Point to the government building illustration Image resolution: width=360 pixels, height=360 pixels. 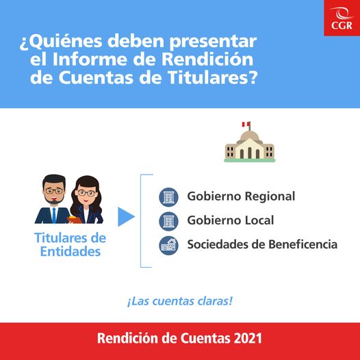pos(249,146)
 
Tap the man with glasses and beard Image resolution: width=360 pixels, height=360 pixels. pos(53,200)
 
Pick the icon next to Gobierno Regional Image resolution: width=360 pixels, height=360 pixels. pos(168,197)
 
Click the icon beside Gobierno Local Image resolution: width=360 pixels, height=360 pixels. pos(168,221)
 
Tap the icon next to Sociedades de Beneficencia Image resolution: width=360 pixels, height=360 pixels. pos(168,244)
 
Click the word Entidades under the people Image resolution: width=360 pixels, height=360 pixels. pos(70,252)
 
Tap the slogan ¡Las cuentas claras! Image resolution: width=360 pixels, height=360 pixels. pos(179,299)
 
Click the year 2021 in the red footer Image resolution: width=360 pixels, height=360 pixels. pos(247,339)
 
